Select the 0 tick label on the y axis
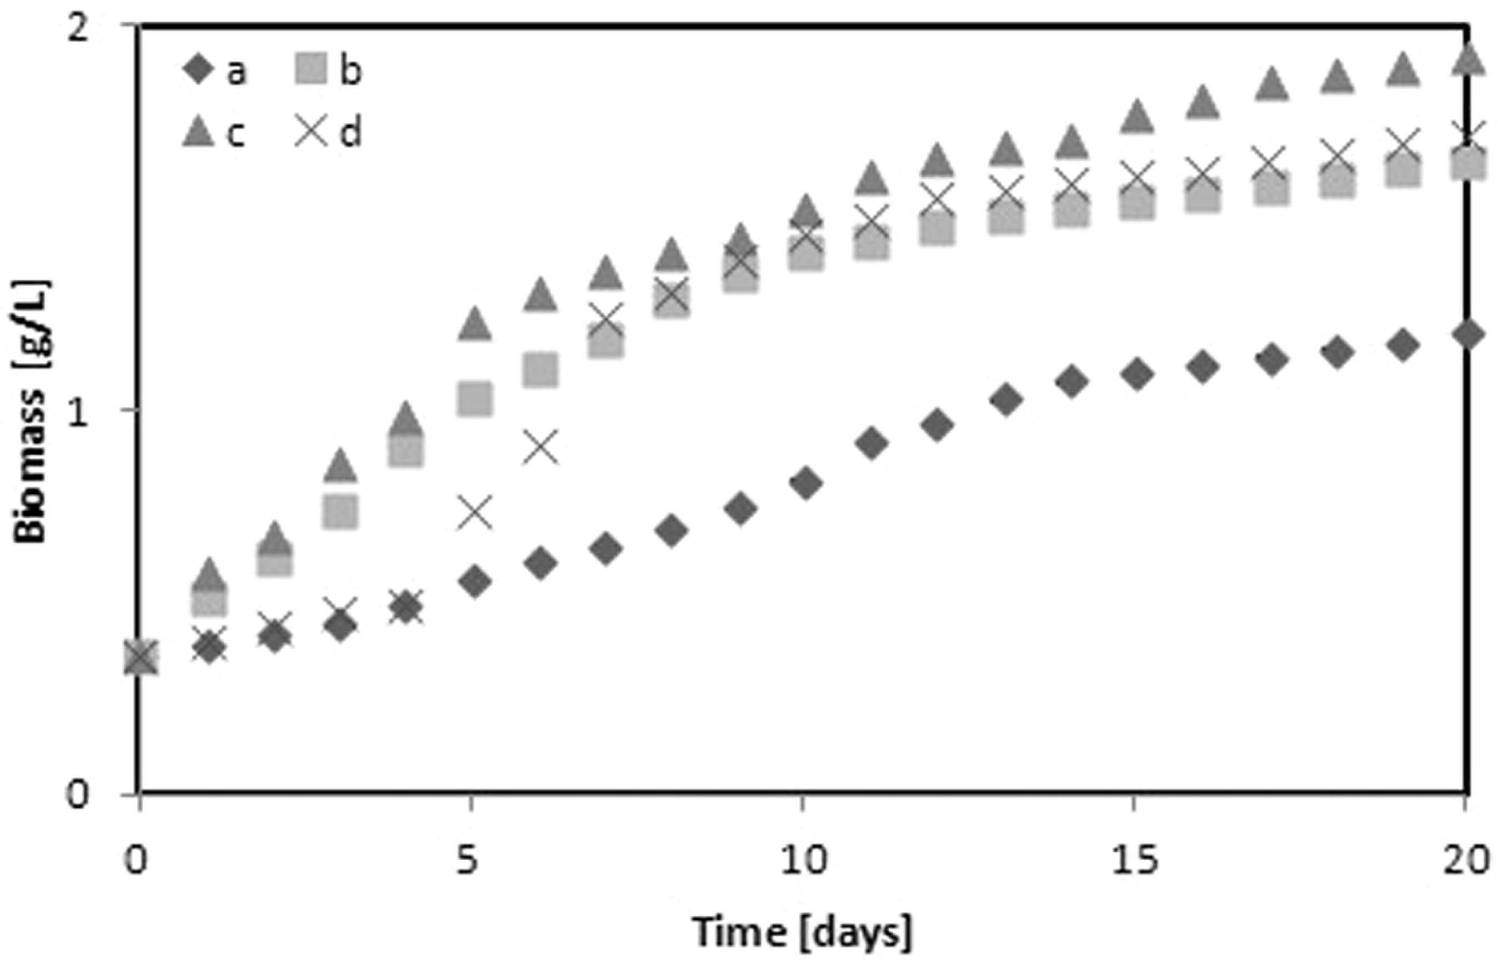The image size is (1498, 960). pyautogui.click(x=78, y=795)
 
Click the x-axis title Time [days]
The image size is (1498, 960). pyautogui.click(x=803, y=931)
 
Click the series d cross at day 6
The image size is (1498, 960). pyautogui.click(x=541, y=447)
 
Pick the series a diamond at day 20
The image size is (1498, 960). pyautogui.click(x=1467, y=335)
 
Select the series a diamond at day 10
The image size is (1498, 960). pyautogui.click(x=806, y=483)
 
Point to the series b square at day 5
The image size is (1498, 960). pyautogui.click(x=475, y=399)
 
